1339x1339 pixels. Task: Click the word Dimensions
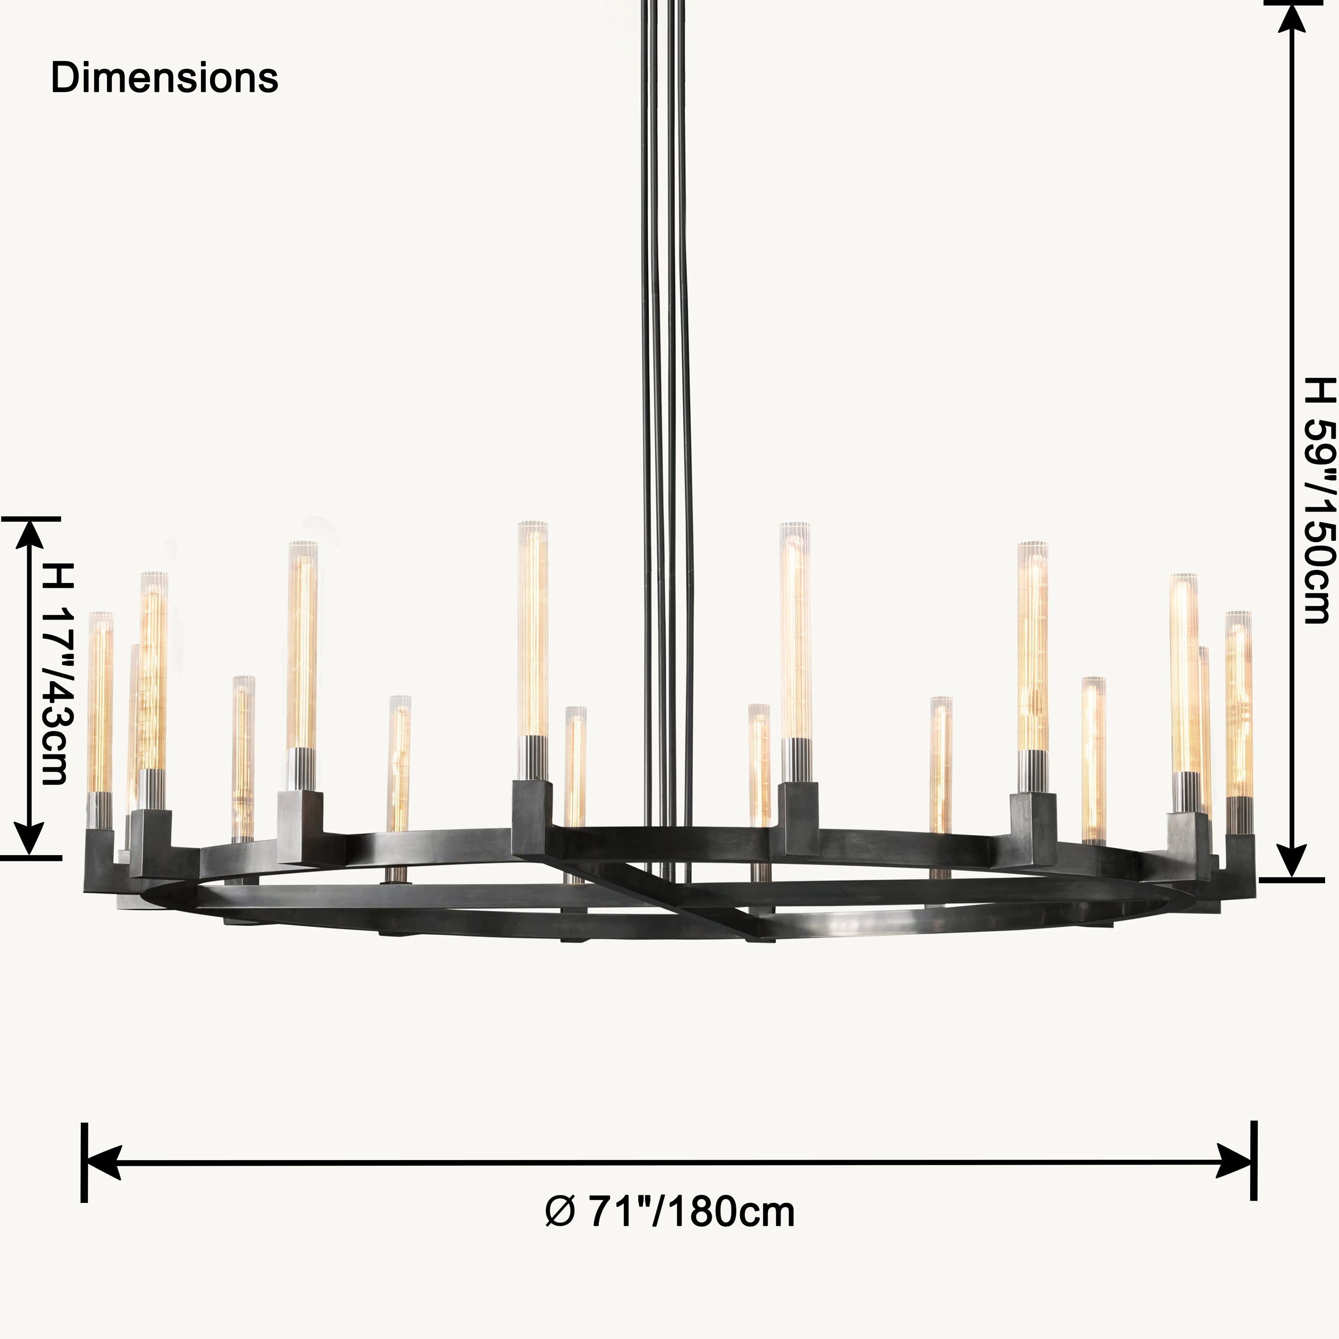coord(164,78)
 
